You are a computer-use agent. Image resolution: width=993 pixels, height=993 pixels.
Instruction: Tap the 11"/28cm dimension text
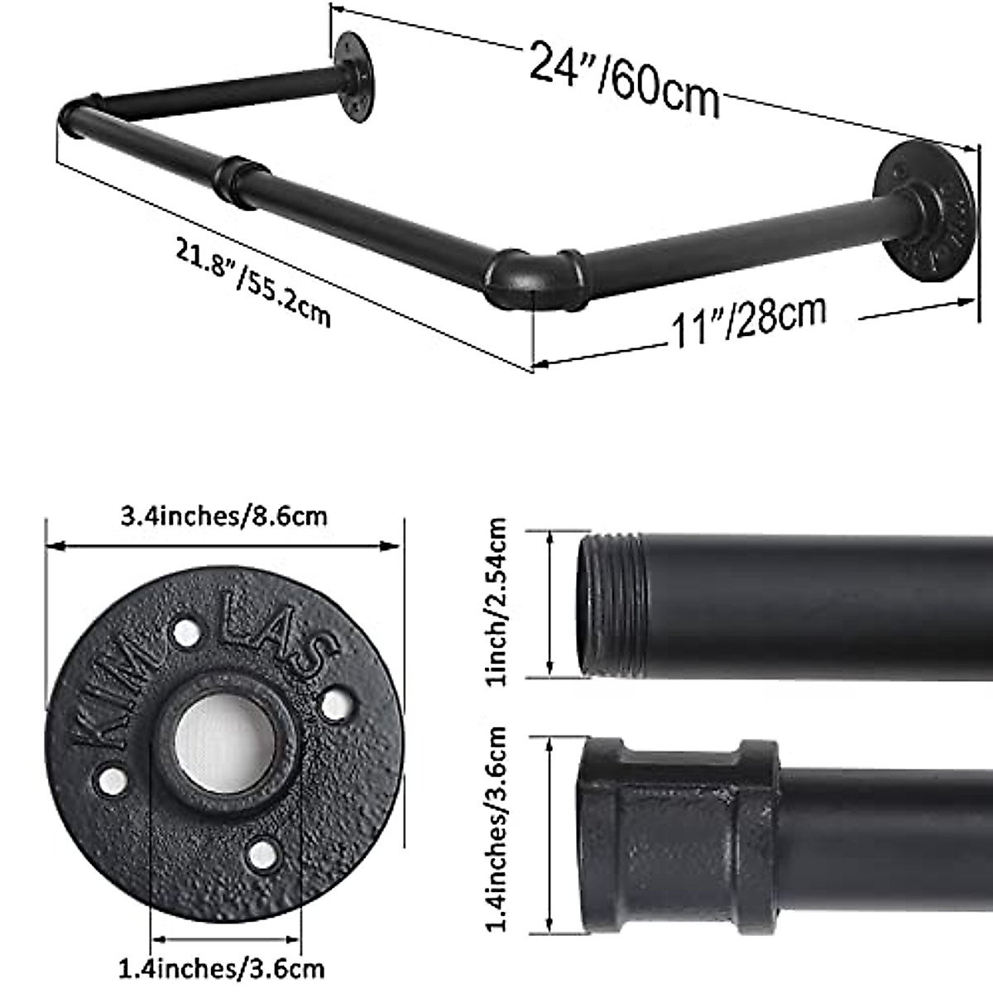click(747, 321)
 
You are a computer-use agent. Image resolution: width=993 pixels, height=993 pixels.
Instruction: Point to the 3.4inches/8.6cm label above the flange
click(223, 516)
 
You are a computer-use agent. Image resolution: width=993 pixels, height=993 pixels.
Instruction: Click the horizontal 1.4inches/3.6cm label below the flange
click(222, 967)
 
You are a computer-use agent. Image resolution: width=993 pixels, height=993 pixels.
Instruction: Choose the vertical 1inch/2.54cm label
click(496, 602)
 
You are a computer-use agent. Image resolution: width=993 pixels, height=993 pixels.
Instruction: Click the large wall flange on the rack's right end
click(925, 212)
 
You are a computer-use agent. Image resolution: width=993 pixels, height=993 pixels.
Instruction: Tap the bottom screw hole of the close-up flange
click(262, 853)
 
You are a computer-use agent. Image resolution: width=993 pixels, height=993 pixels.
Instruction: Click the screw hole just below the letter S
click(334, 704)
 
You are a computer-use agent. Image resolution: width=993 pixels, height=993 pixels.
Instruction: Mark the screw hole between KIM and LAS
click(186, 634)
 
